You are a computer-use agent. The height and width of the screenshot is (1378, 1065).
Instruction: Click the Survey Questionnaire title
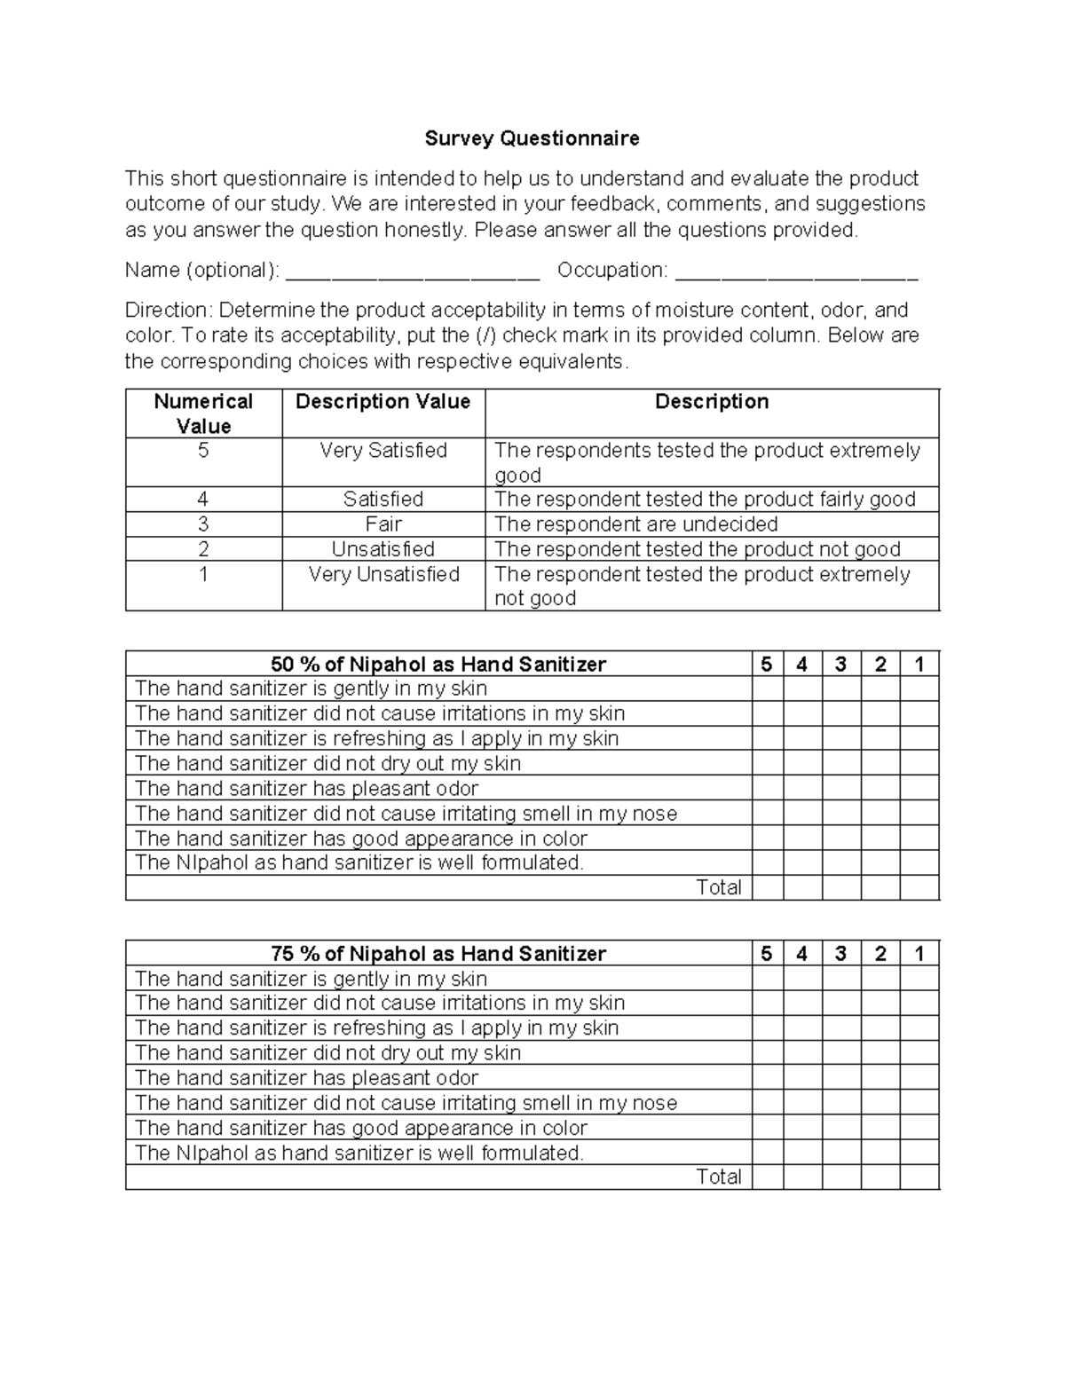532,138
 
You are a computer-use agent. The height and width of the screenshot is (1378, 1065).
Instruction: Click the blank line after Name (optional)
413,272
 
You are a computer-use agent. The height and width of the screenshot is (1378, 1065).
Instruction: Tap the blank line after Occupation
796,272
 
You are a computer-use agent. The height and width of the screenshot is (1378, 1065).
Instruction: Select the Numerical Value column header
203,413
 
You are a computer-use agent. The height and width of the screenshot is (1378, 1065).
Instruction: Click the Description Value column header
383,402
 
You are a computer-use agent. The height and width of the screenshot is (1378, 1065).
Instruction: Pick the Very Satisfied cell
383,451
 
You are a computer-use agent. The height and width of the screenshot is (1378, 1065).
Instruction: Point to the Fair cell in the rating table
383,524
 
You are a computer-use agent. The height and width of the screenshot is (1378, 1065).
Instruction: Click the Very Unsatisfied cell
383,575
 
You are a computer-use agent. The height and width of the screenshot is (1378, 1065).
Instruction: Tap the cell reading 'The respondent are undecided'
635,524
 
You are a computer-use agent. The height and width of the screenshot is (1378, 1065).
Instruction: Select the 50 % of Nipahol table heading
438,665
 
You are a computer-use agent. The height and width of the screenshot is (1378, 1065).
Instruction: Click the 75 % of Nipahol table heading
438,954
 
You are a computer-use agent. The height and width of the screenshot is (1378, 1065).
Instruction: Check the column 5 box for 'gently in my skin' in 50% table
767,689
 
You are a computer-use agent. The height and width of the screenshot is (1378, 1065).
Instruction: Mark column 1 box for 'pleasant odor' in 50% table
919,789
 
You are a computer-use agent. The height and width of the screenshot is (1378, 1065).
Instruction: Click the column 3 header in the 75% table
840,954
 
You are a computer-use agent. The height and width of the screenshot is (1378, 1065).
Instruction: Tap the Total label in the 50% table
718,887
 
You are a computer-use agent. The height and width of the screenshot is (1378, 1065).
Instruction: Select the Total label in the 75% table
718,1177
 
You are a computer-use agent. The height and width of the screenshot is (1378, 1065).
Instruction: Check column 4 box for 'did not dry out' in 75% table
801,1053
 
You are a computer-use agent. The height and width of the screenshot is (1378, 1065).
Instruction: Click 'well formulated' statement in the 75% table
359,1153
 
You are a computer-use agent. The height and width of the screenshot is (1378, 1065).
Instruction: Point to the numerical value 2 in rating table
203,549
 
